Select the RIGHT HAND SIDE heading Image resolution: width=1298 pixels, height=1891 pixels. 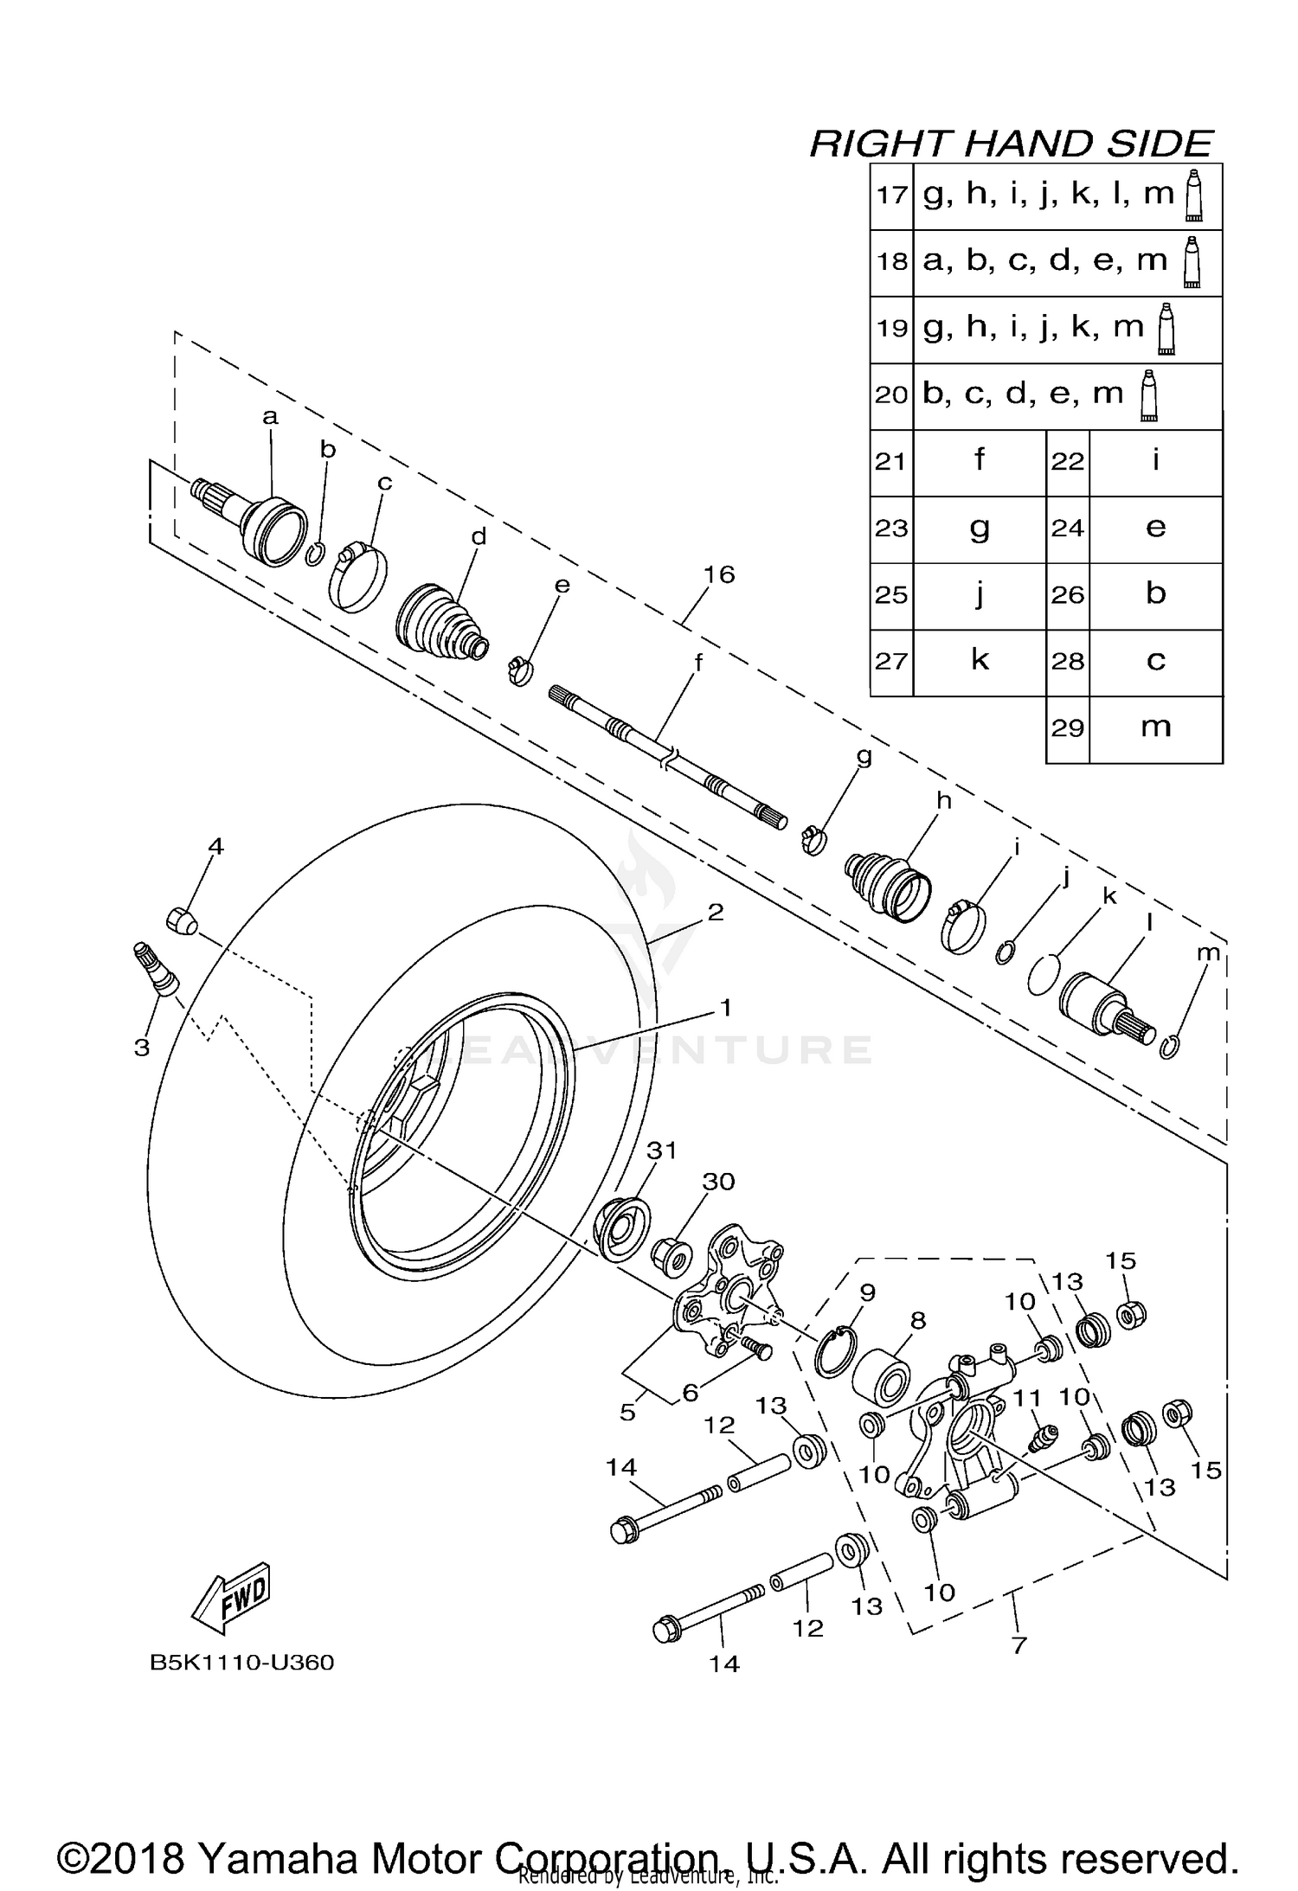pos(1011,144)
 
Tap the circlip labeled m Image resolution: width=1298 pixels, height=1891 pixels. pos(1168,1047)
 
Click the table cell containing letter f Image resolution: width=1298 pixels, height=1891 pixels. pos(979,461)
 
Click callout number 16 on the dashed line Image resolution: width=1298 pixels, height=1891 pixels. pos(718,574)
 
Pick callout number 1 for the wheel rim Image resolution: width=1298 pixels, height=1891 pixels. pos(725,1008)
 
